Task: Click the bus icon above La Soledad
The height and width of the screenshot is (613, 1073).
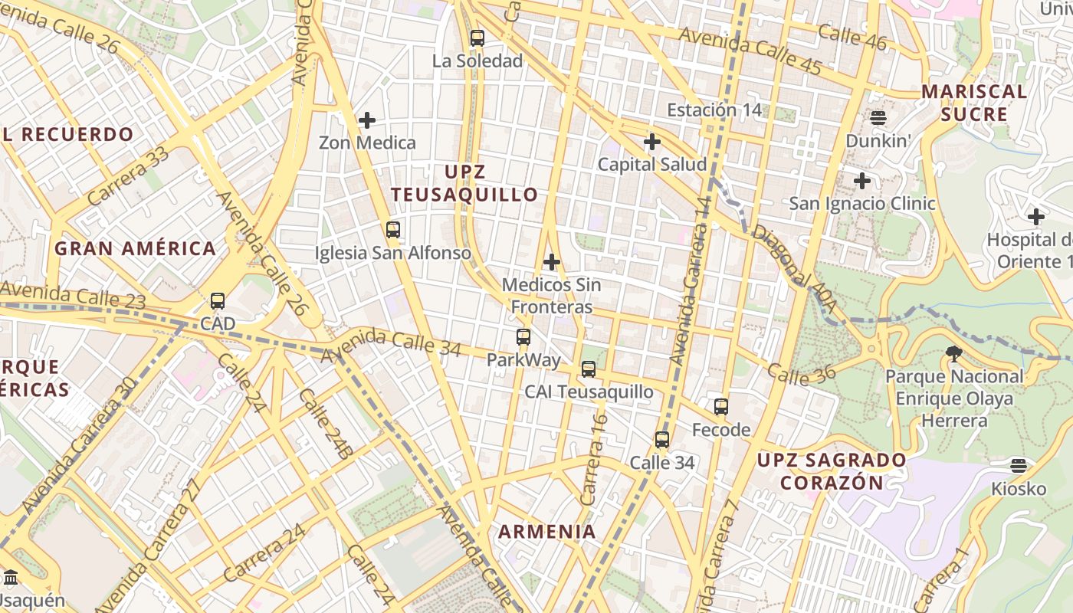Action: (477, 38)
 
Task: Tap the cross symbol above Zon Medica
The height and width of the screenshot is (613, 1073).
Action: (367, 120)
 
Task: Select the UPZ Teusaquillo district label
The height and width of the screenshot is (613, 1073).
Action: (464, 183)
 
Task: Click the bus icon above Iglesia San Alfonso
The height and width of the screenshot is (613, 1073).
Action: (393, 229)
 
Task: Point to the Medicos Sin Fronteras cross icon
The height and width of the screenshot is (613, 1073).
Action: (552, 262)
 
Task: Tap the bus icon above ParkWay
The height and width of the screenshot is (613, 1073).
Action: (523, 336)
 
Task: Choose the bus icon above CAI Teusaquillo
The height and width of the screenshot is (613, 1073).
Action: (589, 369)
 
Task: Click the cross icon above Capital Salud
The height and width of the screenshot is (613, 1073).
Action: (652, 142)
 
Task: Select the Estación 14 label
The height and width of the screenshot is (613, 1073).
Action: (714, 110)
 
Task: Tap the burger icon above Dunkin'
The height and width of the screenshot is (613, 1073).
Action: (878, 118)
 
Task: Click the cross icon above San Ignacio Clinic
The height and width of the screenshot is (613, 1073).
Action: (862, 181)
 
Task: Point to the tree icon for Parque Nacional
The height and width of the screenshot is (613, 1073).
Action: (954, 353)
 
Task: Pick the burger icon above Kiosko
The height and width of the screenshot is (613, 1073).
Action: (1018, 465)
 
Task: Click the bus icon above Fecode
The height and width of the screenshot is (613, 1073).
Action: (721, 407)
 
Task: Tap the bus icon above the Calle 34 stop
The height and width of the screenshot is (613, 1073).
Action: (662, 440)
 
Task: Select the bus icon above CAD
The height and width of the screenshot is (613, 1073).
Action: (218, 301)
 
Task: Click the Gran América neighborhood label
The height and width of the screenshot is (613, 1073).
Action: (135, 248)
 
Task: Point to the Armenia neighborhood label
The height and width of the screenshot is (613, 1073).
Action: (547, 531)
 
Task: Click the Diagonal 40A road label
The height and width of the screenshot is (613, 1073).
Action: (793, 257)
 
